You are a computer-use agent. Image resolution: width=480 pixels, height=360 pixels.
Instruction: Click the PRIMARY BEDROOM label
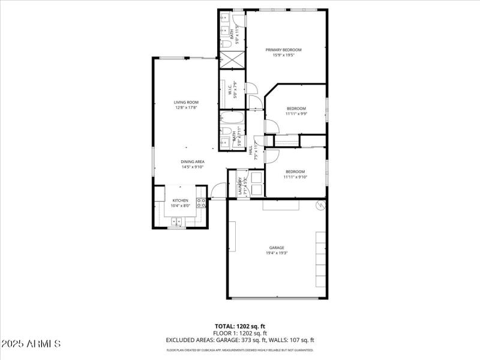[283, 50]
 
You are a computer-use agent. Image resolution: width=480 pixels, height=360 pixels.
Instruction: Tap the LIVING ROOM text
[186, 103]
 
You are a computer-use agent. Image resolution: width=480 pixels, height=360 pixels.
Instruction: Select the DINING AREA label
[193, 161]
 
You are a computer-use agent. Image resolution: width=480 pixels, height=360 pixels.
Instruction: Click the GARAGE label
[276, 247]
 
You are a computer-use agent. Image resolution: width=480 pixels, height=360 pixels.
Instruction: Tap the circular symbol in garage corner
[320, 206]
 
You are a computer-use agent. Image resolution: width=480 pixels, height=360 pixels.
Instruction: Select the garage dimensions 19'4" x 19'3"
[276, 253]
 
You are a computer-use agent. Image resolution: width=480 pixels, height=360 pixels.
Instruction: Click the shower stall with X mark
[232, 60]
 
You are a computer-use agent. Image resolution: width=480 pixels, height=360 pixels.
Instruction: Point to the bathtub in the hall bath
[232, 118]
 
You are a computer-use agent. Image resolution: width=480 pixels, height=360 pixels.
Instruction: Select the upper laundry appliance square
[256, 177]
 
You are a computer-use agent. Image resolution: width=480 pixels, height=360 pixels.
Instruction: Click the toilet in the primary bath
[226, 43]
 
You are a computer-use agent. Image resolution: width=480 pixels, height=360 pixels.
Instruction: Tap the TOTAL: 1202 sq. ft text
[240, 326]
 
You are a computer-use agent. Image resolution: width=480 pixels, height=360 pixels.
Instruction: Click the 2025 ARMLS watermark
[31, 344]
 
